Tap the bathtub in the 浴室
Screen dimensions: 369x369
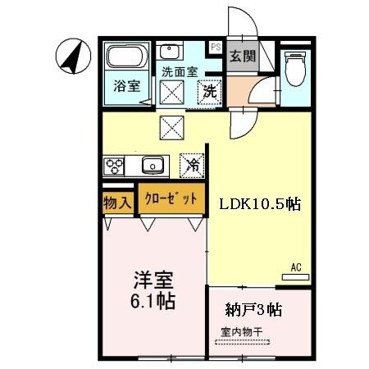127,57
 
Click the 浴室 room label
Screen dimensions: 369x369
127,86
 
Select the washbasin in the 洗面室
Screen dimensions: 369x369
169,51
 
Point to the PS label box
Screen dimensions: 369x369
216,47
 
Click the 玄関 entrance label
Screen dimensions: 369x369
243,57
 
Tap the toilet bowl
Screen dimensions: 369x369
295,68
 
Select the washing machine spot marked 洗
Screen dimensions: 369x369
209,92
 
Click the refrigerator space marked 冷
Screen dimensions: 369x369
192,166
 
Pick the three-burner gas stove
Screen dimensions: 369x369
114,166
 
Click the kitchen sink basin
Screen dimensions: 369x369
153,165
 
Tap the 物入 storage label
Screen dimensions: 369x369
117,203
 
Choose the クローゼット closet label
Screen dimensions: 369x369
171,198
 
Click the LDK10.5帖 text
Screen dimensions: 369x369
260,204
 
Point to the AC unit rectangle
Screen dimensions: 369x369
295,277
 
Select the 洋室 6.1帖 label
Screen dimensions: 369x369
153,290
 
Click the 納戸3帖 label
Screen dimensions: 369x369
253,310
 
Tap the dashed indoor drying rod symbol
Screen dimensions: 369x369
243,342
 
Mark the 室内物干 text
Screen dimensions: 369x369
242,332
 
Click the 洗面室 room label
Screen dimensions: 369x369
180,72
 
